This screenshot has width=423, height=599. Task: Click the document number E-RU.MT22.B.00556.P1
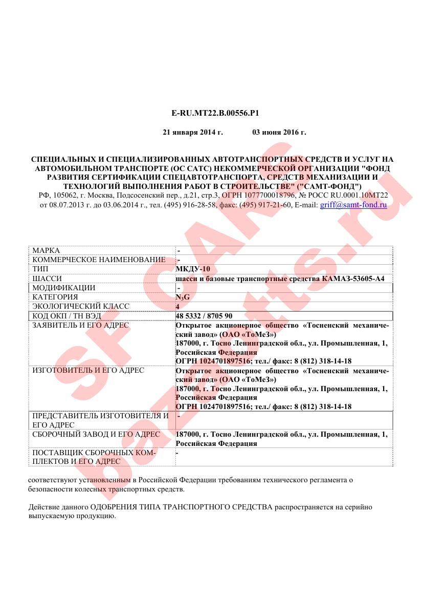212,112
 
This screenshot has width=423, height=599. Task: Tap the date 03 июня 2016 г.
279,133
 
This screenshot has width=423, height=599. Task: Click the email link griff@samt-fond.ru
353,205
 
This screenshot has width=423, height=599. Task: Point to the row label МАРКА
46,251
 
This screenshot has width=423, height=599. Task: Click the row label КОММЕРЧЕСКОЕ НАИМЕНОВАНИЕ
98,260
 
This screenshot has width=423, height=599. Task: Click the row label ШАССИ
46,279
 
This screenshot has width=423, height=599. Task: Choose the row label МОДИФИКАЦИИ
63,288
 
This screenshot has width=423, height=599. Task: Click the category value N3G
183,297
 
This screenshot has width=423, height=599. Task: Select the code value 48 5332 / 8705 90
204,315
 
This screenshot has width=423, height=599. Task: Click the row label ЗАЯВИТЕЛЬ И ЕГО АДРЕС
81,325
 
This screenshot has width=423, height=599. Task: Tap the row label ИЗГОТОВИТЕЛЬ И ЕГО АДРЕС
88,370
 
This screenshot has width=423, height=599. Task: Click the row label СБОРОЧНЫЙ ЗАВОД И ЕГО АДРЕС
96,434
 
